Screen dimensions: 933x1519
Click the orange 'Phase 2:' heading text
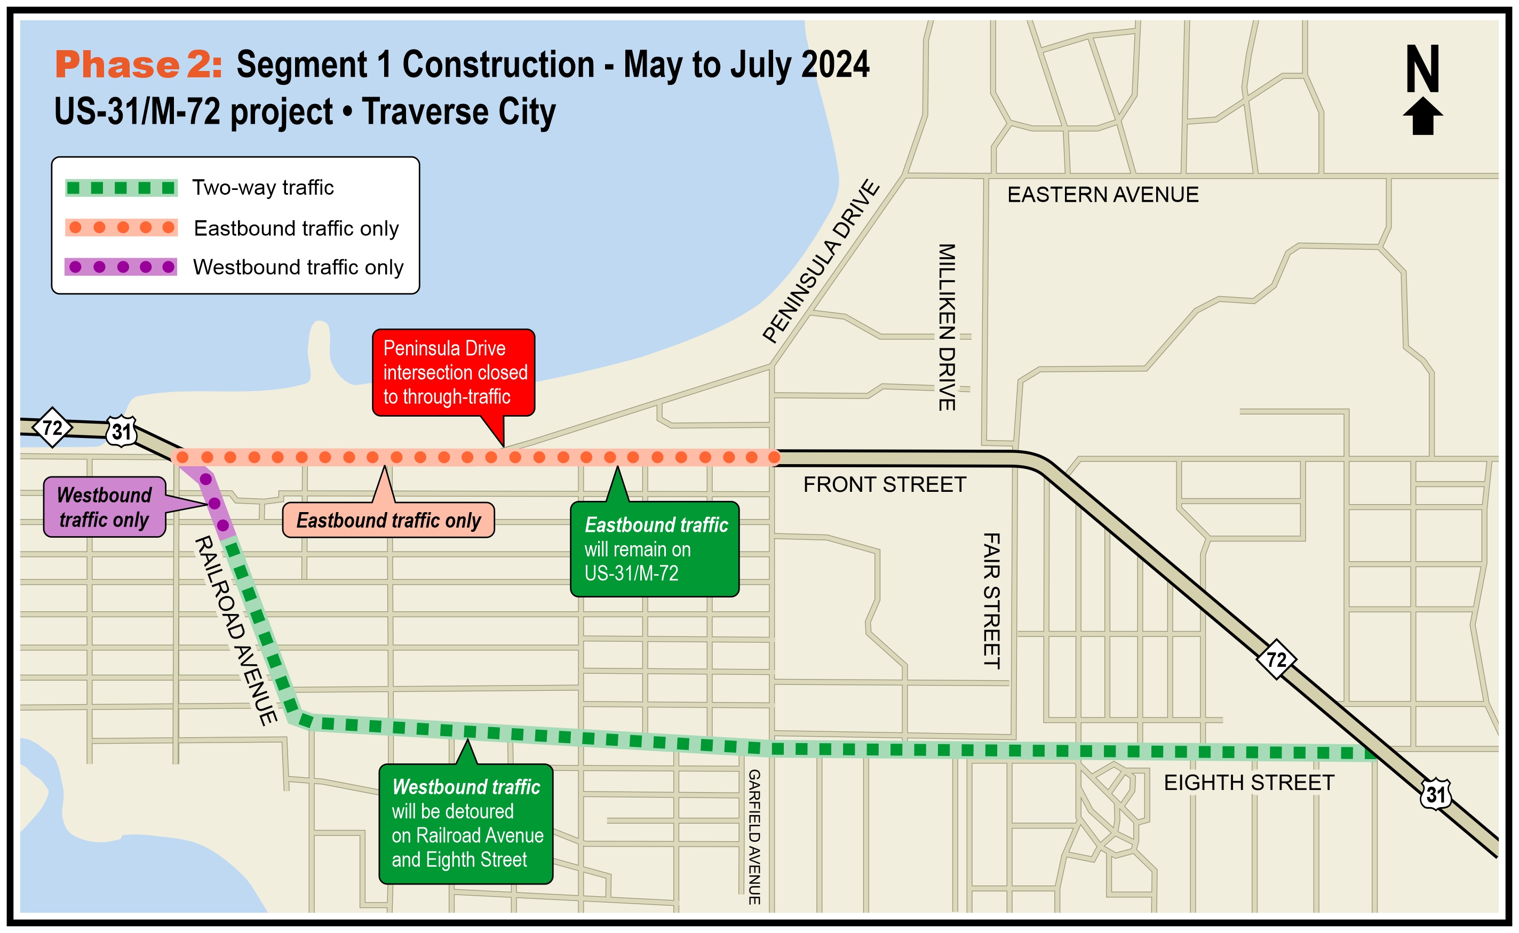138,65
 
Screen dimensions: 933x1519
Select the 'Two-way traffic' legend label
263,188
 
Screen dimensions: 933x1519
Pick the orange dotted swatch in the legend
122,228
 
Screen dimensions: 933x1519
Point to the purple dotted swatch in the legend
121,267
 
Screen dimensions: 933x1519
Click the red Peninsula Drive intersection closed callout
454,372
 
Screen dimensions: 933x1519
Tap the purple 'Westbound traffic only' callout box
104,507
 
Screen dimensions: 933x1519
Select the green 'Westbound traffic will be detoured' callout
466,823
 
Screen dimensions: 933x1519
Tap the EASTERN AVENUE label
1102,195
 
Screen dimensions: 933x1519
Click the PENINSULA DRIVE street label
821,261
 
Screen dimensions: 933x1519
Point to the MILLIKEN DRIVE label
947,327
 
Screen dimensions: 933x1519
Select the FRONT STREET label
884,485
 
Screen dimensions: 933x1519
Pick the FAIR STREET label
991,601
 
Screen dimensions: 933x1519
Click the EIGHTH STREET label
1249,783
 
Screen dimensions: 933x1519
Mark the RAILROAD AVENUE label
236,630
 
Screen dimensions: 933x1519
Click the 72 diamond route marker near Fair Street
1276,660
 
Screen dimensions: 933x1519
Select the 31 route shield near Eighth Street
1435,794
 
